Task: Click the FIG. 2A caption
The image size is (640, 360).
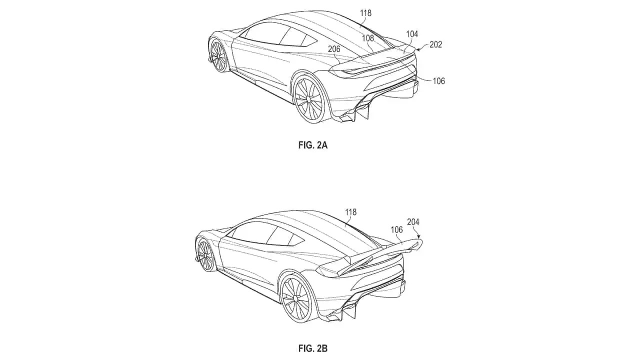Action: coord(313,145)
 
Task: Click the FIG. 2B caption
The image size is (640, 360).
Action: coord(313,348)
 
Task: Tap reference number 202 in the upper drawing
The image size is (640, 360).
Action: coord(435,44)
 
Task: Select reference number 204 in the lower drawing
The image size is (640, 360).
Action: coord(413,221)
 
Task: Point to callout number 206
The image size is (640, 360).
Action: coord(334,49)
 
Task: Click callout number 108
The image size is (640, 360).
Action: coord(367,38)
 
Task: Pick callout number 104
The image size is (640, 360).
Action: coord(412,34)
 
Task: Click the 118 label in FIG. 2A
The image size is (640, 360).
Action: coord(365,13)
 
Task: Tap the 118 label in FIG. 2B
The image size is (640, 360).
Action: coord(350,212)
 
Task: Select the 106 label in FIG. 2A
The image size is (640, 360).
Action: coord(439,81)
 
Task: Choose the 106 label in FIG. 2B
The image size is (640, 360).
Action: coord(396,229)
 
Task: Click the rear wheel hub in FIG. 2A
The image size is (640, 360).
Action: coord(308,98)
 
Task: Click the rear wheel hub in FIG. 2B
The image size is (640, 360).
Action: coord(295,298)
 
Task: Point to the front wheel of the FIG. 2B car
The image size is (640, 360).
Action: coord(205,255)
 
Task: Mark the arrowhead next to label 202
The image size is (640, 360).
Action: coord(417,50)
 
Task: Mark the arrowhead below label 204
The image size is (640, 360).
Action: coord(418,236)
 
